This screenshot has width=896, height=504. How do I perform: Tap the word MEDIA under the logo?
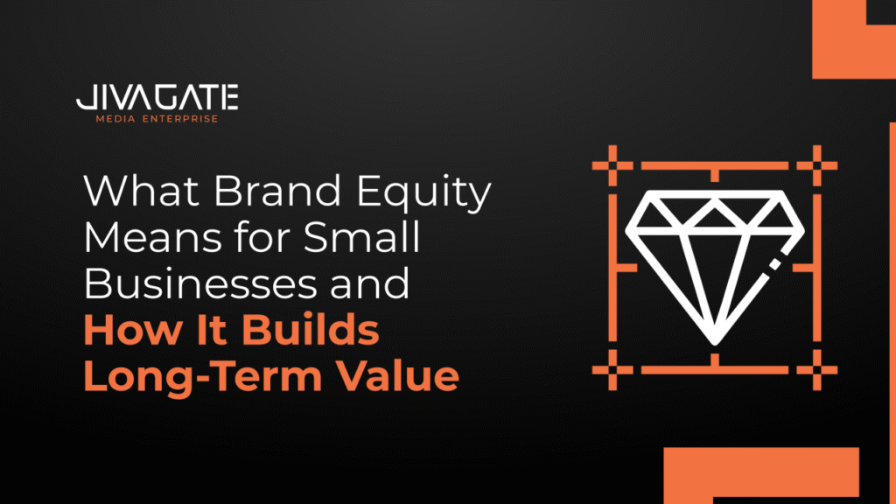[115, 119]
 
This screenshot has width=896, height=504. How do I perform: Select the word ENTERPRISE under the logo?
[180, 119]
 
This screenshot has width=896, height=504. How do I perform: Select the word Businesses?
[200, 283]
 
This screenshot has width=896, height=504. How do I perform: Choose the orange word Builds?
[311, 330]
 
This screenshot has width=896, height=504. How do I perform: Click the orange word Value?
[397, 376]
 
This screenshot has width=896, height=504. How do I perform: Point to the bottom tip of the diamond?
[714, 343]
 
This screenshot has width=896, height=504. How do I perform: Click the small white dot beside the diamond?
[775, 264]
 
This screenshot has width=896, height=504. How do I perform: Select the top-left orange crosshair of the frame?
[612, 165]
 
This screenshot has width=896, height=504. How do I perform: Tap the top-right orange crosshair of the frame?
[817, 165]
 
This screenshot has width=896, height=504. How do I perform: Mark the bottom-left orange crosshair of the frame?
[612, 370]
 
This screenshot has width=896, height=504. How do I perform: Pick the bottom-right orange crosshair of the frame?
[817, 370]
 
